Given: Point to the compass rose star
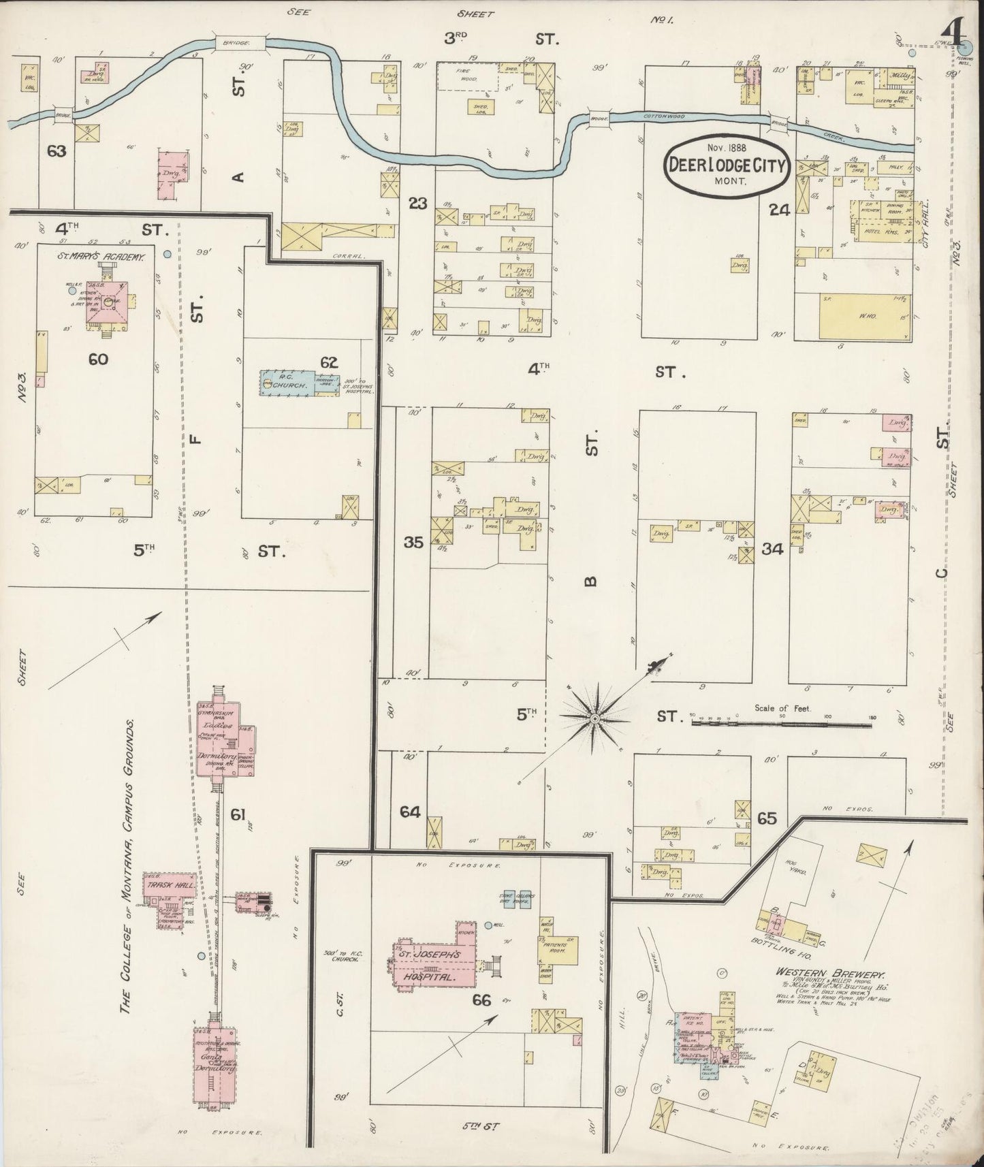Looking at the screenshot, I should point(594,718).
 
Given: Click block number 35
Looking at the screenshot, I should point(413,543).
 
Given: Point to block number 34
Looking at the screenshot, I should point(772,549).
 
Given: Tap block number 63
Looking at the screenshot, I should point(57,150).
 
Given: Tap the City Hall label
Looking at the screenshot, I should point(925,224).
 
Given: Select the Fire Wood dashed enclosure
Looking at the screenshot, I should point(467,76).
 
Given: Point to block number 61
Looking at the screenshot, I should point(238,813).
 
